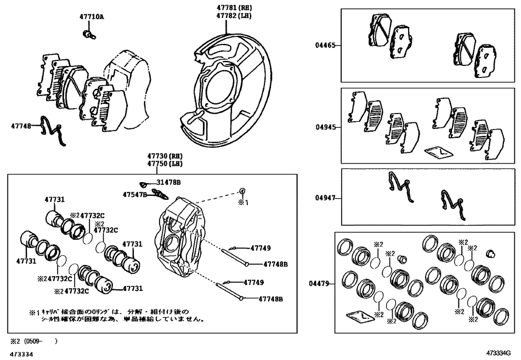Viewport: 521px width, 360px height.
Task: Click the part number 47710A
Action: click(x=91, y=17)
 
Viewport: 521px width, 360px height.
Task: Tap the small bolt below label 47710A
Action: click(x=87, y=35)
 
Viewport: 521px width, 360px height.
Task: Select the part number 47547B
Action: click(x=134, y=194)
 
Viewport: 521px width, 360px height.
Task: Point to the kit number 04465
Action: click(x=325, y=46)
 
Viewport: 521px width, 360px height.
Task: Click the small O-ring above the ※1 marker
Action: click(x=241, y=190)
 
